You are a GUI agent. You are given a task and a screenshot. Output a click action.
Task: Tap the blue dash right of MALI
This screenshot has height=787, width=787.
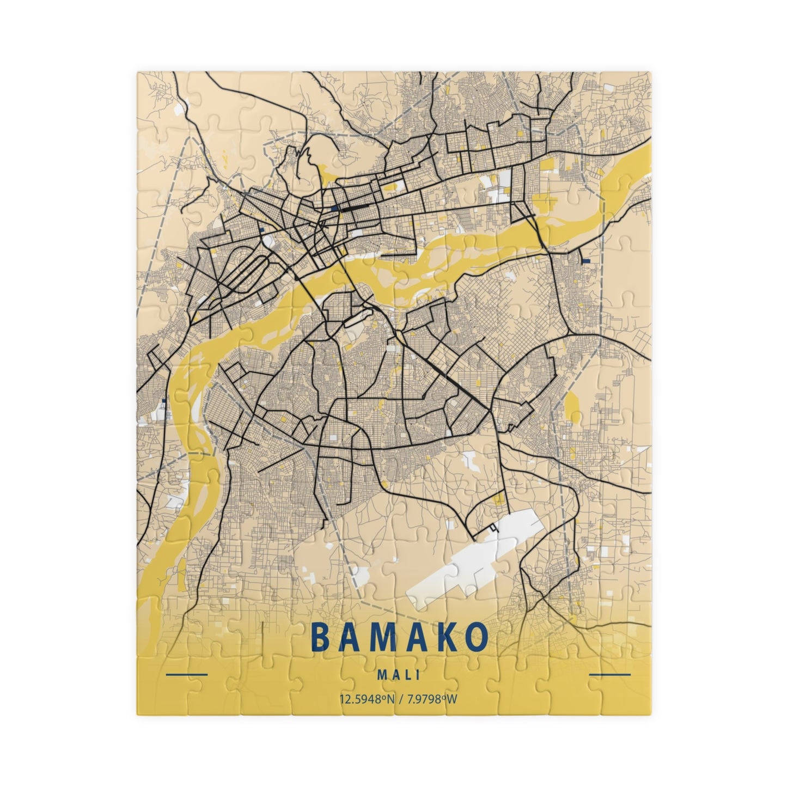pos(610,675)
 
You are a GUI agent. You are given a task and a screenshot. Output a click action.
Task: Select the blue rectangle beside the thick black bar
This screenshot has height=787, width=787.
pos(333,208)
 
